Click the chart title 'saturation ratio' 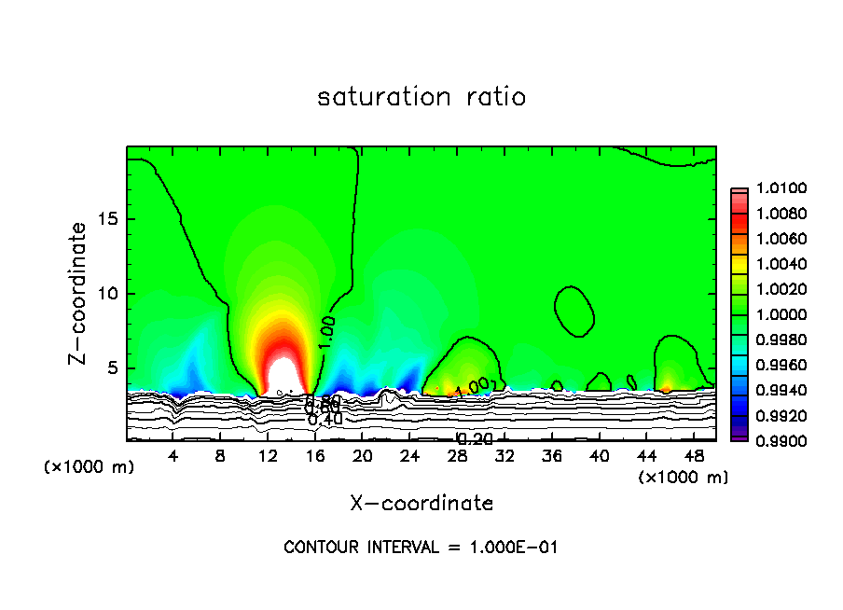pos(421,97)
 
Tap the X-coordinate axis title pos(421,504)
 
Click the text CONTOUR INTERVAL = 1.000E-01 pos(421,548)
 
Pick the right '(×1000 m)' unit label pos(683,478)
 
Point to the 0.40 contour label pos(325,419)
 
